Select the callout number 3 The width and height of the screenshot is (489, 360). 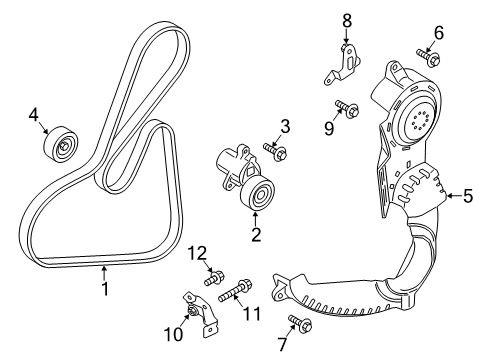point(285,126)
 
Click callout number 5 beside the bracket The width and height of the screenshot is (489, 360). point(467,196)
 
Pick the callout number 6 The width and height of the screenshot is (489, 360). point(437,32)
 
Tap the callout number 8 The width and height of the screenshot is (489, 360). point(347,19)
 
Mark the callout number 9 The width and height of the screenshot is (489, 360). point(329,127)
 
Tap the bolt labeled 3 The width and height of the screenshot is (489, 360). point(274,150)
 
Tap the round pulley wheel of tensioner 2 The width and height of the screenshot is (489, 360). point(260,195)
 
